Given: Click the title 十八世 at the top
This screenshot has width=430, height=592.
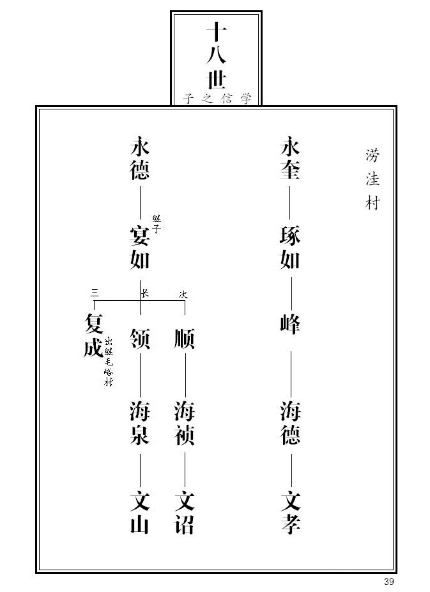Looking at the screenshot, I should click(216, 56).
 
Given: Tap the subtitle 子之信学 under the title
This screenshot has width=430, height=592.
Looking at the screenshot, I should click(217, 99).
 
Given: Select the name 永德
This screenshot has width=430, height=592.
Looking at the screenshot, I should click(139, 160).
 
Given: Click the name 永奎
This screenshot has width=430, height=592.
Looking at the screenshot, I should click(289, 160).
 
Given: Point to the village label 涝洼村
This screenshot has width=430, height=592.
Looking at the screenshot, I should click(372, 179).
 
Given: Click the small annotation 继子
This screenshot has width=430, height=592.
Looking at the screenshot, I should click(157, 225).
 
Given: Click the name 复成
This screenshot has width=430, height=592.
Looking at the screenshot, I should click(93, 336).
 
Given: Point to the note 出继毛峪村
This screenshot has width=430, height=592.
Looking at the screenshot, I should click(109, 362).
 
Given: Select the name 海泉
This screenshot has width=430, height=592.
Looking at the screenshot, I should click(139, 423).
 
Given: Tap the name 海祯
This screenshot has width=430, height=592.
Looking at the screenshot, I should click(184, 423).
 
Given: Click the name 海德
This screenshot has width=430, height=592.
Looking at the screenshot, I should click(289, 423).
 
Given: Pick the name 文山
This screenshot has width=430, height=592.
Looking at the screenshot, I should click(139, 512).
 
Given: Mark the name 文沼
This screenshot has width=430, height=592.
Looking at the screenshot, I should click(184, 512).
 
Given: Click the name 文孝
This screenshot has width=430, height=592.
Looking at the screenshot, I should click(289, 512).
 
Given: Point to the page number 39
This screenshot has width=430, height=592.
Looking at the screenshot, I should click(389, 581).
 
